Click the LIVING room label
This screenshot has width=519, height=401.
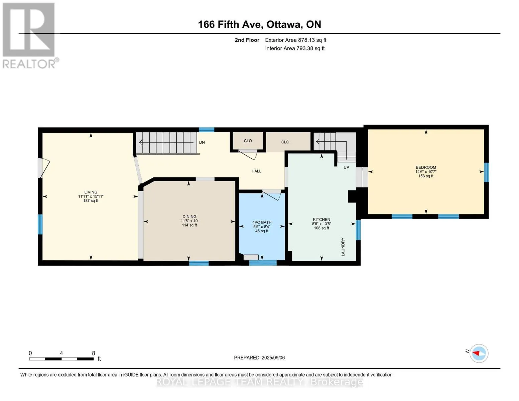click(x=91, y=192)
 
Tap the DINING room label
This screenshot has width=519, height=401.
click(x=189, y=217)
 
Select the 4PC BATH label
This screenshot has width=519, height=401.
click(x=262, y=222)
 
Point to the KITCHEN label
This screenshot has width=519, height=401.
click(x=321, y=220)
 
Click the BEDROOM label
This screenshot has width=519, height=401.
click(x=426, y=167)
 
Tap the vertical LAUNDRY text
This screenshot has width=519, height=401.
click(x=343, y=247)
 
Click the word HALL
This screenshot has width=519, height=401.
click(x=256, y=171)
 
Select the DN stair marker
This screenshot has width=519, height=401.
click(x=202, y=142)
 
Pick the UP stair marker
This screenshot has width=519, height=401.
click(x=346, y=167)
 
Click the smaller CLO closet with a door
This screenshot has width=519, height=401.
click(x=248, y=141)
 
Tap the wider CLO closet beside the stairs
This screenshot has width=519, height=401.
click(x=288, y=141)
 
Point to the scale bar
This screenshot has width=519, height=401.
click(x=61, y=359)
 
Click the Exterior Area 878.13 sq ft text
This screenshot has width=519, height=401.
click(x=295, y=40)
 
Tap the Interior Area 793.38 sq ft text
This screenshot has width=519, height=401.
click(x=295, y=48)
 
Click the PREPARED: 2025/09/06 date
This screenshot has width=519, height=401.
click(x=259, y=358)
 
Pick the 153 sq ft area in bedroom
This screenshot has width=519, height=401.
click(x=426, y=176)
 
